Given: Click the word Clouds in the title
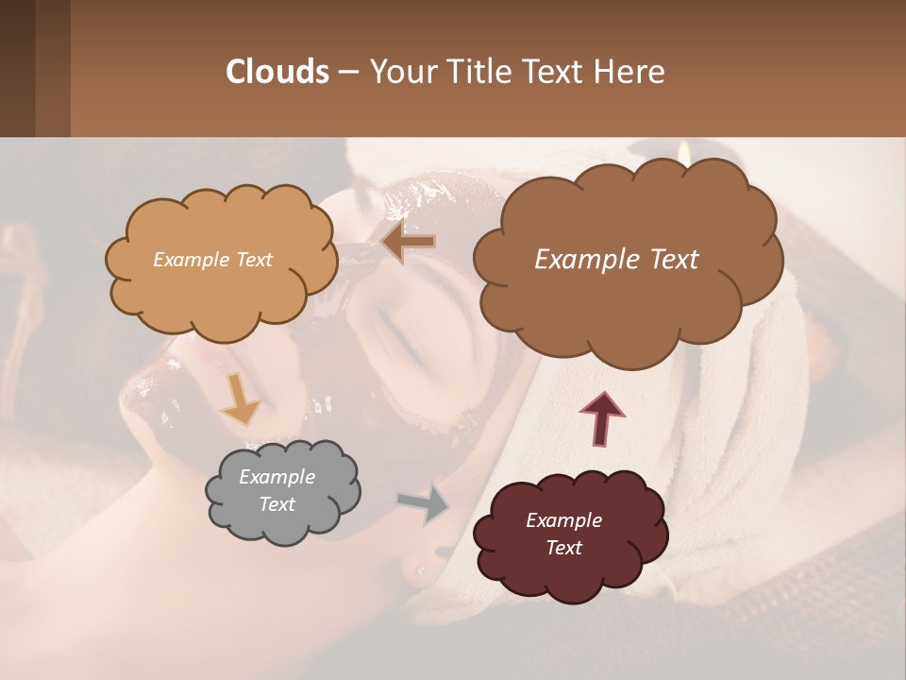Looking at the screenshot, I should click(x=278, y=72).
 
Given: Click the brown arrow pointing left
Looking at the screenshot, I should click(x=409, y=243).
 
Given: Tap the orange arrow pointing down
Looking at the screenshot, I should click(x=241, y=399).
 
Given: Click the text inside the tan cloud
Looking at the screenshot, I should click(x=212, y=260).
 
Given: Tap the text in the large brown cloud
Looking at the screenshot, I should click(x=616, y=260).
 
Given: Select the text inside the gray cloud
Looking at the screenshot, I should click(x=277, y=490).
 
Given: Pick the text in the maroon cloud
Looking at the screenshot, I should click(x=563, y=534).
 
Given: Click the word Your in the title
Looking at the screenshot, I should click(x=397, y=72).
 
